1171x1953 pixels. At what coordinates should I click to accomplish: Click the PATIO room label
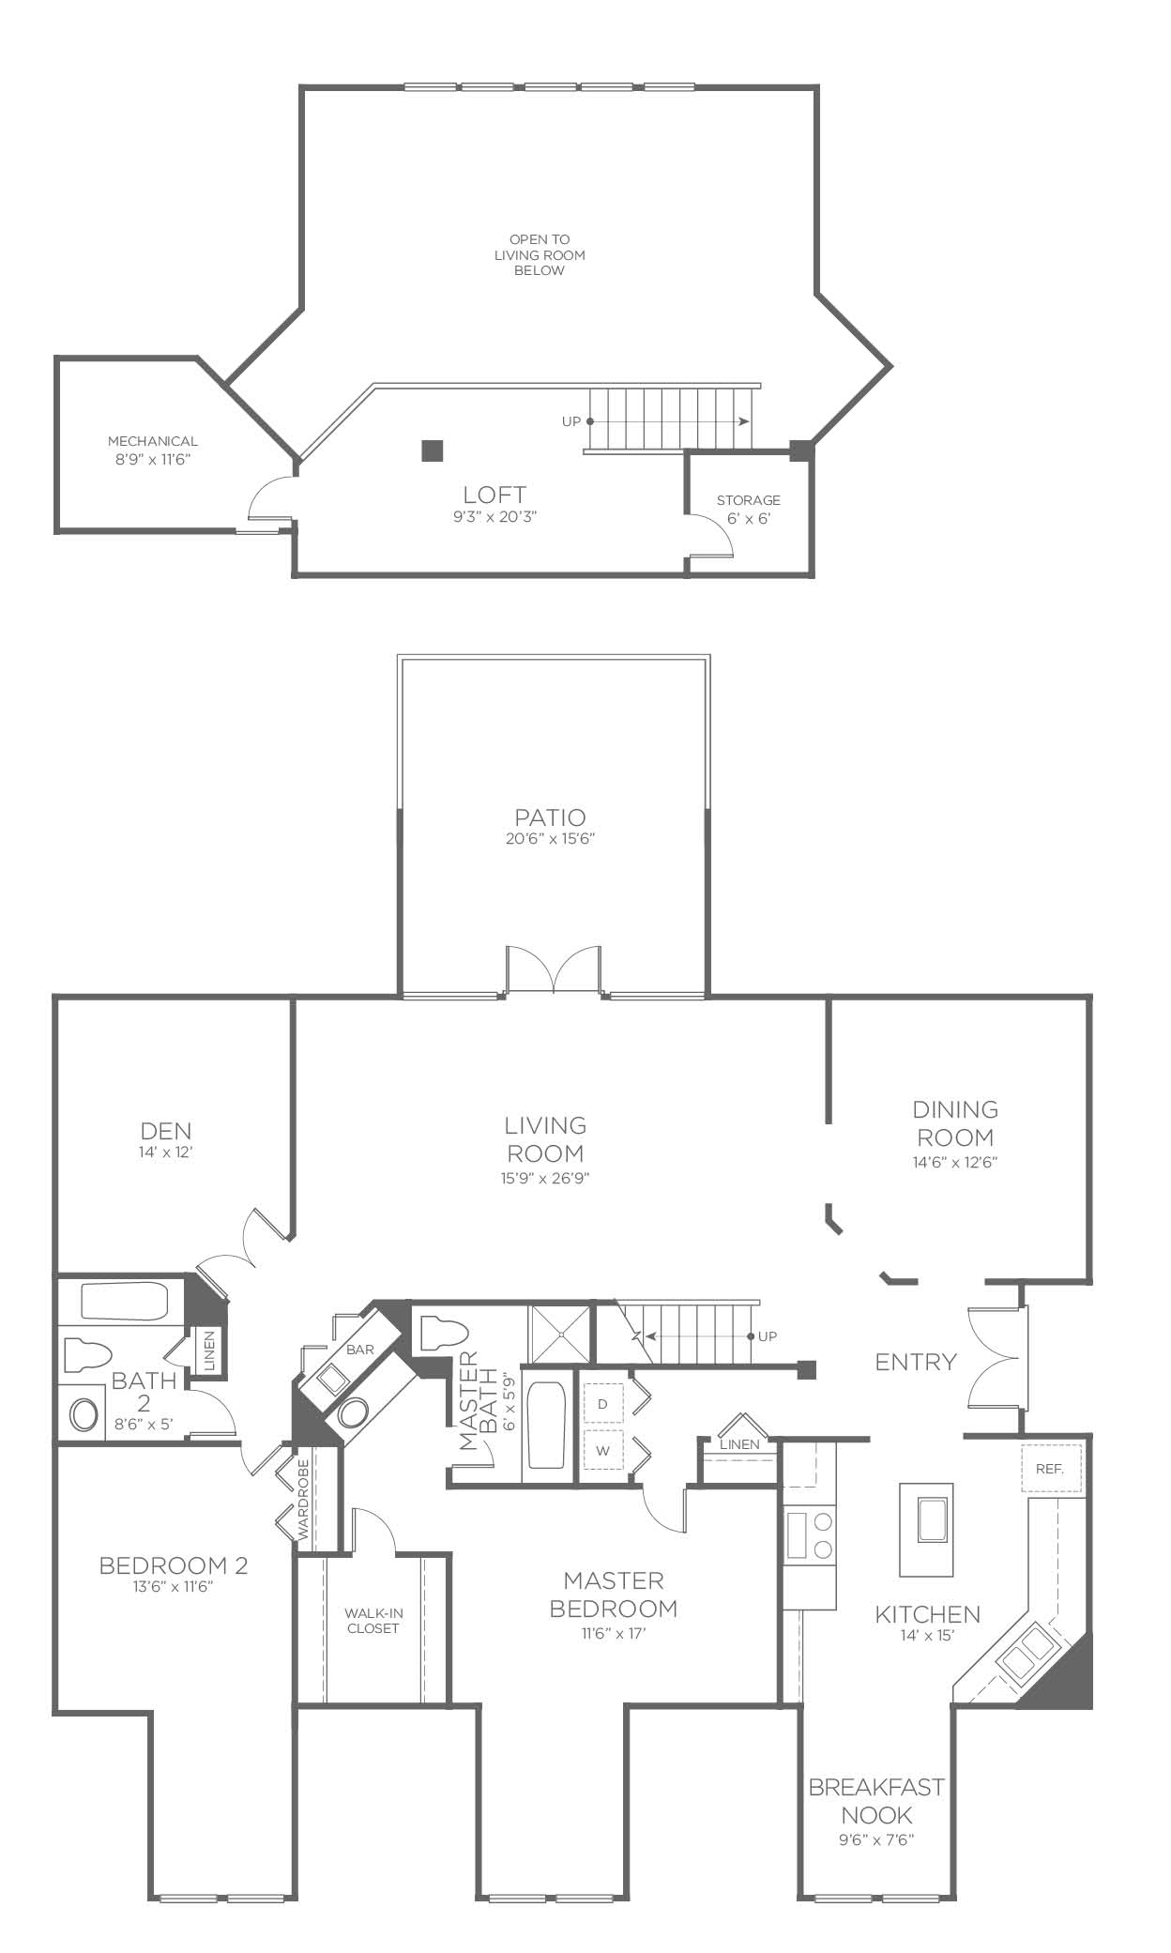(550, 816)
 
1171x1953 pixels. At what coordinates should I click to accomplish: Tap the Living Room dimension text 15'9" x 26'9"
(545, 1178)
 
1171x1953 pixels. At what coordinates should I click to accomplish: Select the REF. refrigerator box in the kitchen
(1051, 1468)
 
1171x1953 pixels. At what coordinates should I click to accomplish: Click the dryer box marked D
(604, 1403)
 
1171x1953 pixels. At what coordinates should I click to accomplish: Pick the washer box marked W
(604, 1450)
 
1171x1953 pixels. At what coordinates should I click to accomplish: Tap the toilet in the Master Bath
(444, 1333)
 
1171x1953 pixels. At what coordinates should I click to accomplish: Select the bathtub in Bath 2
(124, 1302)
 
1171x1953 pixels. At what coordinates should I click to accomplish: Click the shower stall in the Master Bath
(561, 1331)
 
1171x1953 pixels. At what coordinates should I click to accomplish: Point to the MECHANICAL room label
(153, 441)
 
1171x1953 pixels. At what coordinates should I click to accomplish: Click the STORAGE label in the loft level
(749, 500)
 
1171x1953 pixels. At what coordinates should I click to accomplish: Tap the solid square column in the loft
(432, 450)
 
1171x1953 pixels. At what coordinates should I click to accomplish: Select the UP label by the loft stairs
(571, 421)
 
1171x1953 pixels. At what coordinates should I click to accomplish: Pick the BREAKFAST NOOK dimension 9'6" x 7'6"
(876, 1840)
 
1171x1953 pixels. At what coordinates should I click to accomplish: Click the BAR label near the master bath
(360, 1350)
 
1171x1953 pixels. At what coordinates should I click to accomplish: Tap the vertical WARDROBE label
(303, 1499)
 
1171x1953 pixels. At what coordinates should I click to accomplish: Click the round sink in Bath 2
(84, 1415)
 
